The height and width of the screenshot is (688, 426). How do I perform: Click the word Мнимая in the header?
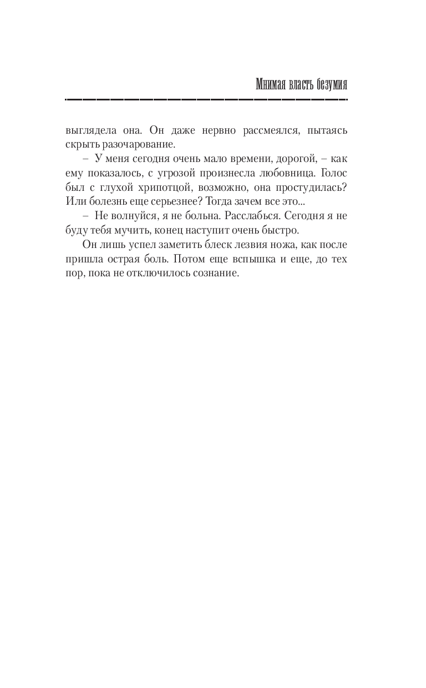coord(271,84)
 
